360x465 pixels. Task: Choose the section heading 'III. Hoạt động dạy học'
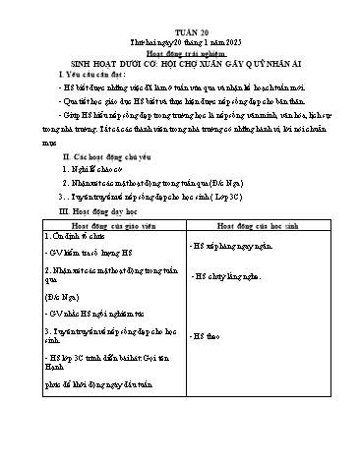point(81,210)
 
